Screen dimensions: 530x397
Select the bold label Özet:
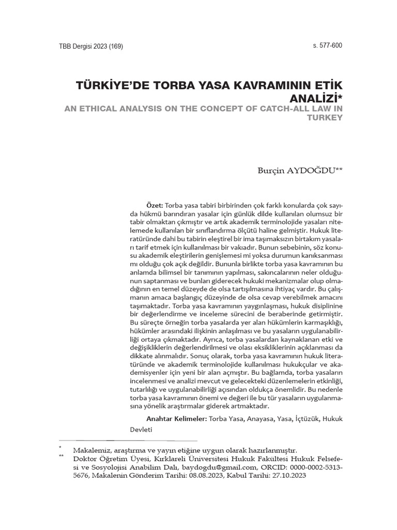click(155, 205)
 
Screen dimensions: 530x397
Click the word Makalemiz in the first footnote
click(91, 450)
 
